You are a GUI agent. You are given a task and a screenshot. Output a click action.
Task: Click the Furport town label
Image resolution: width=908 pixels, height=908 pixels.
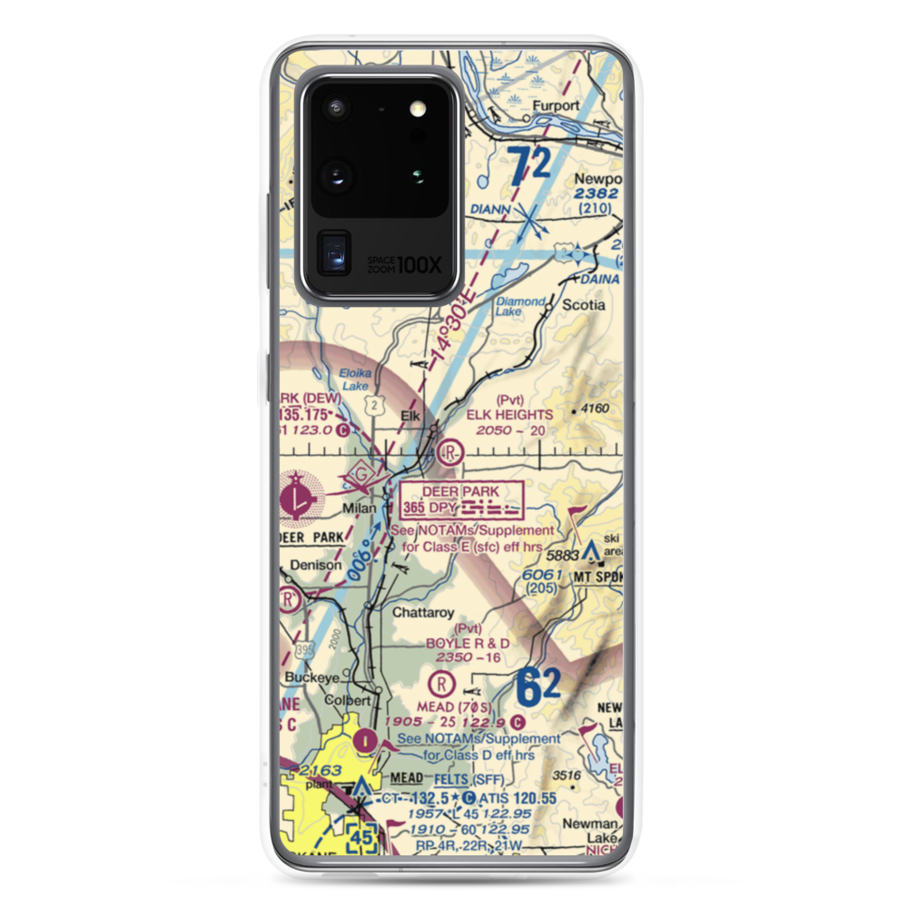coord(555,105)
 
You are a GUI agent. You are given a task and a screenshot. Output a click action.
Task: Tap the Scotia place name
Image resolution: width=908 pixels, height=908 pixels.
coord(583,305)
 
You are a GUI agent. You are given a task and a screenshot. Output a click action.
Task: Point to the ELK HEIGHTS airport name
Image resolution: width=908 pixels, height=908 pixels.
coord(509,415)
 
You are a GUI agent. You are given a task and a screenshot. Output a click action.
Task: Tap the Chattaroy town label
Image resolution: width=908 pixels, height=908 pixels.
coord(423,613)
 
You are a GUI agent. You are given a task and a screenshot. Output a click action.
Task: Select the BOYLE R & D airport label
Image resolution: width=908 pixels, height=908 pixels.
coord(467,643)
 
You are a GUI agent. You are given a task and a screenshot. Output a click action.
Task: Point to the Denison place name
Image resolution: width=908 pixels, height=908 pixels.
coord(316,565)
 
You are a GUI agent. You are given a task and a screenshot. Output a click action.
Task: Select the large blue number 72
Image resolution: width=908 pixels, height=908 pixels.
coord(530,168)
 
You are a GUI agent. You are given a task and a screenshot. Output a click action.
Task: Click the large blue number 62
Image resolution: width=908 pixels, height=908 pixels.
coord(539,686)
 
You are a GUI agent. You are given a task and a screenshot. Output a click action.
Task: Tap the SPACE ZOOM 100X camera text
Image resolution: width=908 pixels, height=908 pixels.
coord(404,264)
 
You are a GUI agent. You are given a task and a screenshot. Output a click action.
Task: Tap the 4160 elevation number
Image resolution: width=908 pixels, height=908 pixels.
coord(595,409)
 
